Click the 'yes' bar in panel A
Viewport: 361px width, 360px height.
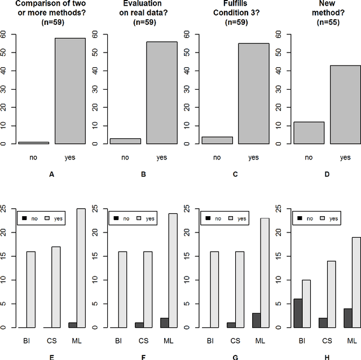pos(69,91)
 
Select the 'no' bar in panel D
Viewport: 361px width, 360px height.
pos(309,133)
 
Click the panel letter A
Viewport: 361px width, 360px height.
pos(51,174)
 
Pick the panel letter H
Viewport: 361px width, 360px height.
pos(327,358)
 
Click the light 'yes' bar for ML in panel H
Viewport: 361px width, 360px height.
pos(356,282)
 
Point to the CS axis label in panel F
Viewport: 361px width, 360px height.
pos(143,341)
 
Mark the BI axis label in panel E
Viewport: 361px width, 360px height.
pos(26,341)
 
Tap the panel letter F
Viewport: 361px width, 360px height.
pos(143,358)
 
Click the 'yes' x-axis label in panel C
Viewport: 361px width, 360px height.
pos(253,157)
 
